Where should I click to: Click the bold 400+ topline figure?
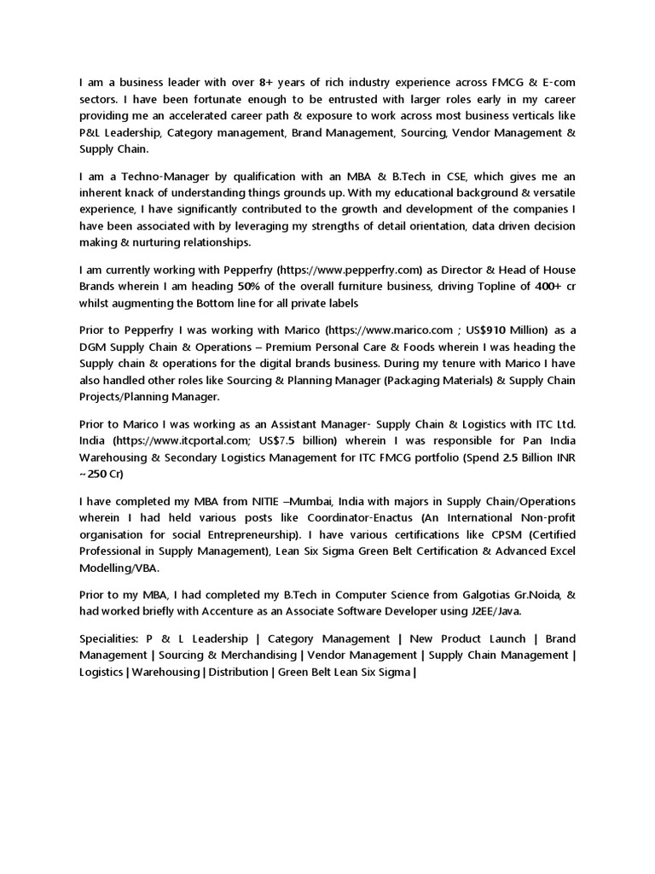click(x=537, y=288)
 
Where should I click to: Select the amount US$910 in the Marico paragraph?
click(x=487, y=330)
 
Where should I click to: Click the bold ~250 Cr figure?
click(x=104, y=473)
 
